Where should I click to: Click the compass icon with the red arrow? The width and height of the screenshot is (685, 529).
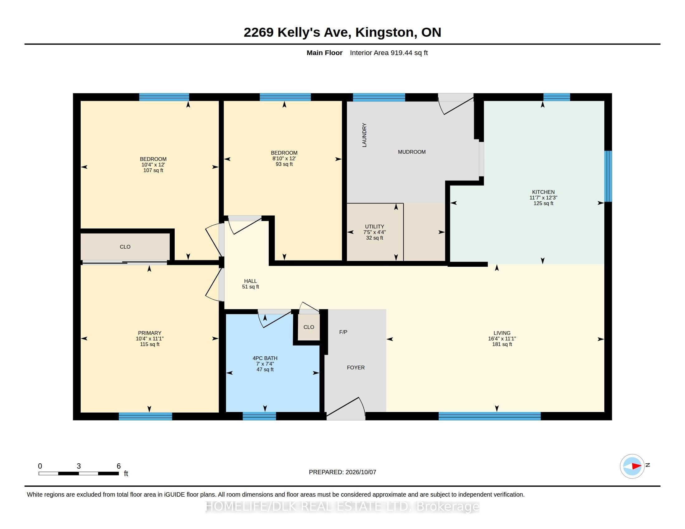(x=632, y=466)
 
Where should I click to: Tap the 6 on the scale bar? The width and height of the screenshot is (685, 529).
(x=119, y=466)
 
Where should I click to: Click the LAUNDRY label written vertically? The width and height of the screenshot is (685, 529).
(x=364, y=135)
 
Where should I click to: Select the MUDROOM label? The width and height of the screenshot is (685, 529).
(x=412, y=152)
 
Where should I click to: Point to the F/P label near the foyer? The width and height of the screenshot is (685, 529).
(x=343, y=332)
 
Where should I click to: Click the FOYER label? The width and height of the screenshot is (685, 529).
(x=356, y=367)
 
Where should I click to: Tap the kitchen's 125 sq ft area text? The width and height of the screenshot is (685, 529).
(x=543, y=204)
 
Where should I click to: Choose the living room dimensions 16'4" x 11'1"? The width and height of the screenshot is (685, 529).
(x=502, y=339)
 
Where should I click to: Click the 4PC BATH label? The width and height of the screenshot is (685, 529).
(x=265, y=358)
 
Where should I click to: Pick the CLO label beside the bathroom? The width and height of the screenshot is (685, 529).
(x=309, y=327)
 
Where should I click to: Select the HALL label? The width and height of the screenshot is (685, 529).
(x=250, y=281)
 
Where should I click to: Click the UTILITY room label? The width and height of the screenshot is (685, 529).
(x=375, y=227)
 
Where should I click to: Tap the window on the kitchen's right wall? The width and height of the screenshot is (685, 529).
(x=608, y=176)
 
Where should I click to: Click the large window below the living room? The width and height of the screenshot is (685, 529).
(x=489, y=416)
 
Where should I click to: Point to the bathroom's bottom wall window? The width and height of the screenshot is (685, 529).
(x=259, y=416)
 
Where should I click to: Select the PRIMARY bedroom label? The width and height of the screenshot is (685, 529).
(x=149, y=333)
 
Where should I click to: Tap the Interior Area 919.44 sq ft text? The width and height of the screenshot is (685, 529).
(x=389, y=53)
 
